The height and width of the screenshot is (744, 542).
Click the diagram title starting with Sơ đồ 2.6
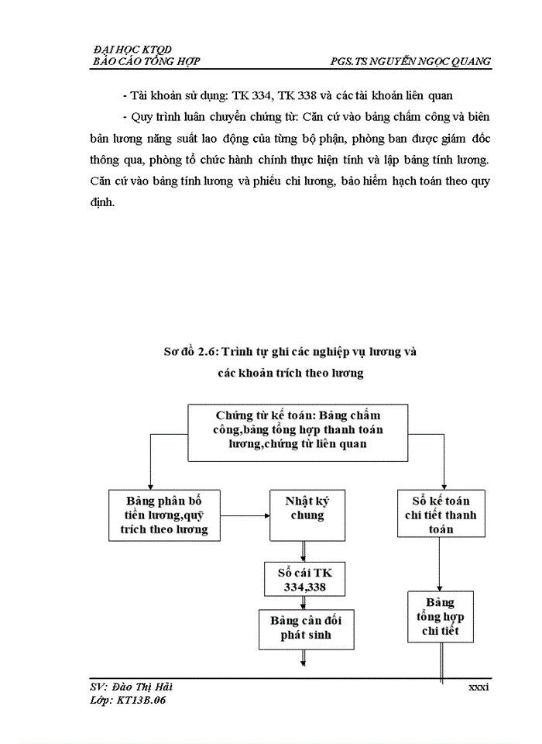coord(291,353)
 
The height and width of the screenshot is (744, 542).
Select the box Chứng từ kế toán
coord(298,429)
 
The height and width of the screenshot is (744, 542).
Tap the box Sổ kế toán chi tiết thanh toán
coord(441,514)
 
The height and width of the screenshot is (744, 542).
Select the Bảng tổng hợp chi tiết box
coord(441,618)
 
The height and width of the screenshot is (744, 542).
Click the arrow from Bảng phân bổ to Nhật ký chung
coord(243,515)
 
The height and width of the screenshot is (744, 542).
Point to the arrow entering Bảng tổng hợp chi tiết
coord(441,566)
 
